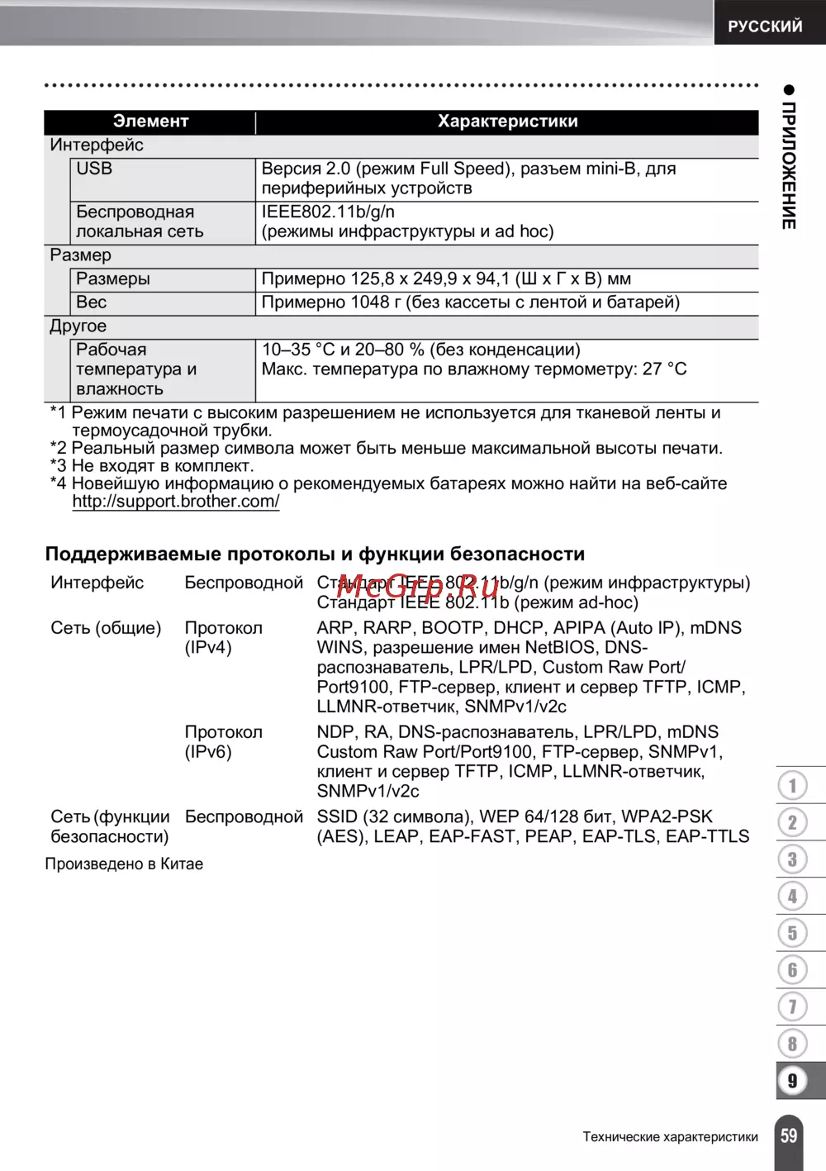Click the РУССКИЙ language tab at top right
pos(765,26)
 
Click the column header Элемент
pos(150,121)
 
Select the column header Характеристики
pos(507,121)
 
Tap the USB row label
pos(94,169)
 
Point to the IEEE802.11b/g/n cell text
pos(328,212)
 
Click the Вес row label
pos(92,302)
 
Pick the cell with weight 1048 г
pos(470,302)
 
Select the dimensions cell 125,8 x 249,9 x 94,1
pos(446,279)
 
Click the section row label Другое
pos(78,326)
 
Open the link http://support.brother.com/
pos(175,501)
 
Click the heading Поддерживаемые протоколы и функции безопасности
pos(315,554)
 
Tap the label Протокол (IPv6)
pos(223,741)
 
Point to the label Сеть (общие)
pos(106,628)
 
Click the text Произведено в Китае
pos(124,864)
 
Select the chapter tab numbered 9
pos(793,1080)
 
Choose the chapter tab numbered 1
pos(793,785)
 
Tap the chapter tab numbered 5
pos(793,933)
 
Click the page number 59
pos(790,1135)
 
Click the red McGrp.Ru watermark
pos(418,586)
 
